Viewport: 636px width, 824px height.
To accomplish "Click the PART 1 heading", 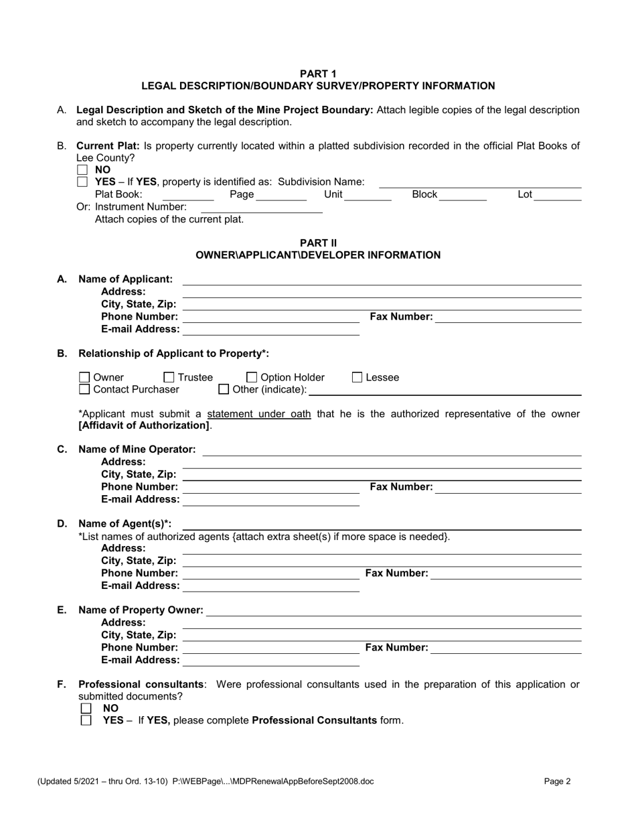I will click(x=318, y=74).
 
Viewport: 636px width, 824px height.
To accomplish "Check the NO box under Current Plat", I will click(x=82, y=170).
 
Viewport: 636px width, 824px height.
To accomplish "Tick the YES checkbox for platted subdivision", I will click(x=82, y=182).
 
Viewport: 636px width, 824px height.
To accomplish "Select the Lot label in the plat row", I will click(x=525, y=194).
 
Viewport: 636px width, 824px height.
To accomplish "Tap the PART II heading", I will click(x=318, y=243).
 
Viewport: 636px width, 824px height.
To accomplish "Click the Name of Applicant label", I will click(x=125, y=279).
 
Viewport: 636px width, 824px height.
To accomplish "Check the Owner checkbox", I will click(x=84, y=378).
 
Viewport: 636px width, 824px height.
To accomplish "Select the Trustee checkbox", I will click(x=169, y=378).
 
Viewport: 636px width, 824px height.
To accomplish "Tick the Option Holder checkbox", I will click(x=252, y=378).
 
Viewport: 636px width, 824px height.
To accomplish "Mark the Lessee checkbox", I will click(x=357, y=378).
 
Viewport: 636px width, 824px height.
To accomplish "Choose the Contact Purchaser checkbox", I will click(x=84, y=389).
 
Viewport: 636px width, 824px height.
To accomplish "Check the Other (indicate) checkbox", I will click(x=224, y=389).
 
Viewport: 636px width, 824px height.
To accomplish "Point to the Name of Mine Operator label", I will click(x=137, y=449).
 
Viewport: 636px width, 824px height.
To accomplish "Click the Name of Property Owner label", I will click(x=141, y=610).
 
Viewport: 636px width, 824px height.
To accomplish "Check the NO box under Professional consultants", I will click(x=86, y=708).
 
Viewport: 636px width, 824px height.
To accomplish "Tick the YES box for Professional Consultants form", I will click(x=86, y=720).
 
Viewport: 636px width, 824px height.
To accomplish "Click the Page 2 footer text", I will click(x=557, y=780).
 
